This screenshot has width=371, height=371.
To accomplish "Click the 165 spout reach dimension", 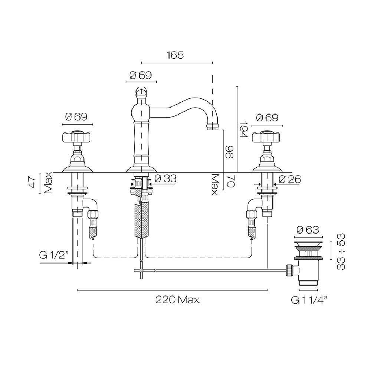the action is coord(175,55).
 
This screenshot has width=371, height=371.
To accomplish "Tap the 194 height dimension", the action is coord(243,129).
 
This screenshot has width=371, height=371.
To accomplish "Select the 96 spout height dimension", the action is coord(229,152).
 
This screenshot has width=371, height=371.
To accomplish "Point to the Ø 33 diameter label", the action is coord(165,179).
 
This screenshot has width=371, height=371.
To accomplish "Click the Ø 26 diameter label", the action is coord(290,179).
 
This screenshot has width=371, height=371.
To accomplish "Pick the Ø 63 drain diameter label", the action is coord(308,230).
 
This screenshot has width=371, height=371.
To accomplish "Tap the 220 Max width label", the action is coord(177,300).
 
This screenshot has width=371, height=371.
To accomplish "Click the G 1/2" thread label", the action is coord(54,255).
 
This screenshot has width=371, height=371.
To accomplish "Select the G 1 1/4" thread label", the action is coord(309,300).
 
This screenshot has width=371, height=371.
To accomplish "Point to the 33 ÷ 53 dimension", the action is coord(341,252).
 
